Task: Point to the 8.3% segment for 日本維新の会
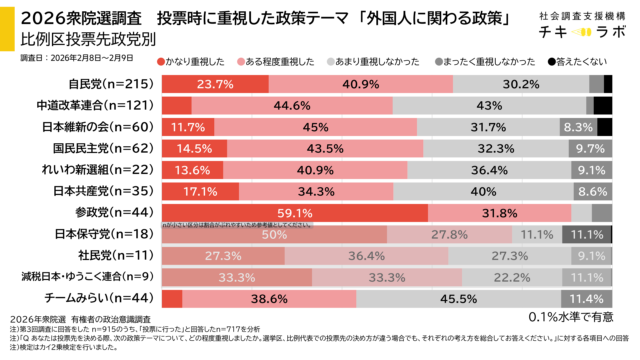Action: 578,127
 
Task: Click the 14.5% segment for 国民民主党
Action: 192,148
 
